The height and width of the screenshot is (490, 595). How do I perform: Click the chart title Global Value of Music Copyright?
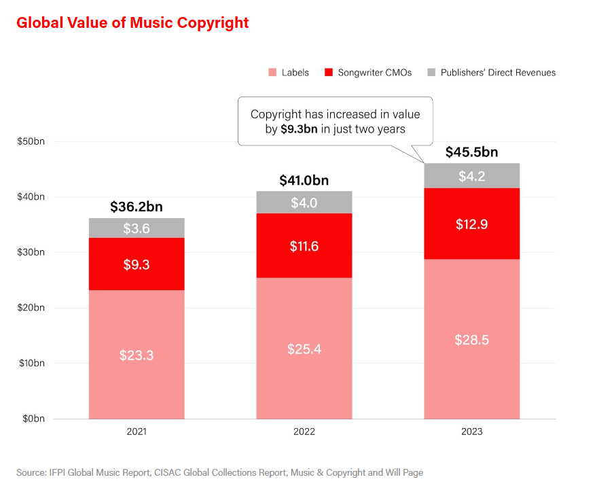click(132, 23)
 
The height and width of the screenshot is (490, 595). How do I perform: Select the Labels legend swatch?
click(272, 72)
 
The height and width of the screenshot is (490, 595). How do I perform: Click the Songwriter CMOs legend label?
click(374, 73)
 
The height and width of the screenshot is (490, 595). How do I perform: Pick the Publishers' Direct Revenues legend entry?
click(498, 73)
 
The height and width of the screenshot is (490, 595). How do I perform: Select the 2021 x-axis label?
click(137, 432)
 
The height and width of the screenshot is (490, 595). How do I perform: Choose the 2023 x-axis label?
click(472, 432)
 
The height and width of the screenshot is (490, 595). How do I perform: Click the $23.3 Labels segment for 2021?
click(137, 355)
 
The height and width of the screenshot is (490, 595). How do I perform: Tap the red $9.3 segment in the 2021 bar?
click(137, 264)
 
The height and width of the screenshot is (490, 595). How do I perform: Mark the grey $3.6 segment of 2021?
click(137, 228)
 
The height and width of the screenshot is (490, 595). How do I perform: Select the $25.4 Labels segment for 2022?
click(304, 349)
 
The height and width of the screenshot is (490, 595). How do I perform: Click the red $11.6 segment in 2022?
click(304, 245)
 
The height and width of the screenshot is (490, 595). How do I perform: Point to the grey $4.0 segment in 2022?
click(304, 203)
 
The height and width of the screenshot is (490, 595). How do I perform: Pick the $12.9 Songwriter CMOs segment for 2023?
click(472, 224)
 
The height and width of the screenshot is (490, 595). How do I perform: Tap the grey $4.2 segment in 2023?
click(472, 176)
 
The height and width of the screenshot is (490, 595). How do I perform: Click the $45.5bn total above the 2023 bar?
click(472, 152)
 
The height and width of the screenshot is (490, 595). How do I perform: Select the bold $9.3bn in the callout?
click(300, 129)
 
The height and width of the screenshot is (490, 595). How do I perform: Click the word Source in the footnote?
click(31, 472)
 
